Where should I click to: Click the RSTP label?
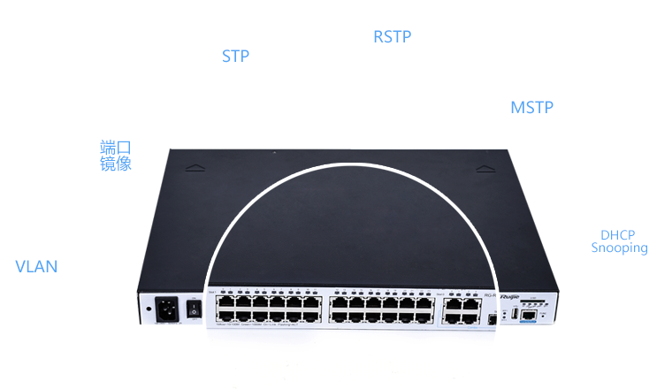pyautogui.click(x=392, y=37)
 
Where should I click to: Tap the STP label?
pyautogui.click(x=235, y=57)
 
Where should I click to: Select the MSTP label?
pyautogui.click(x=531, y=108)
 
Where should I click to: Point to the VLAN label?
pyautogui.click(x=36, y=266)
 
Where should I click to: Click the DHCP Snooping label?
pyautogui.click(x=619, y=242)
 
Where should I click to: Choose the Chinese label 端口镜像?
pyautogui.click(x=116, y=156)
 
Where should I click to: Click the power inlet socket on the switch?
pyautogui.click(x=165, y=309)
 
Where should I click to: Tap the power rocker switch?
pyautogui.click(x=193, y=309)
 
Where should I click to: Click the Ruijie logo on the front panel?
pyautogui.click(x=510, y=295)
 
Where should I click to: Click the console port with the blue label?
pyautogui.click(x=529, y=313)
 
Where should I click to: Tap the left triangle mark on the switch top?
pyautogui.click(x=196, y=165)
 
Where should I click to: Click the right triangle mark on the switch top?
pyautogui.click(x=483, y=166)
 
